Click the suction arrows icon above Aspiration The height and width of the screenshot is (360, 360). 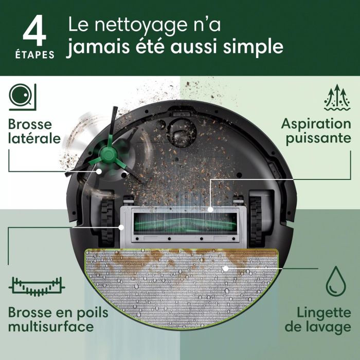pos(337,98)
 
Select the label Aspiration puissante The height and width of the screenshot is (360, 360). pos(316,132)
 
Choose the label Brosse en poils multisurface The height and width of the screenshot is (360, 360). pos(50,319)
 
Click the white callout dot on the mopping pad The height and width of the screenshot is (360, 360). pos(225,268)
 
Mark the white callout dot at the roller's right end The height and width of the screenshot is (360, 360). pos(210,209)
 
